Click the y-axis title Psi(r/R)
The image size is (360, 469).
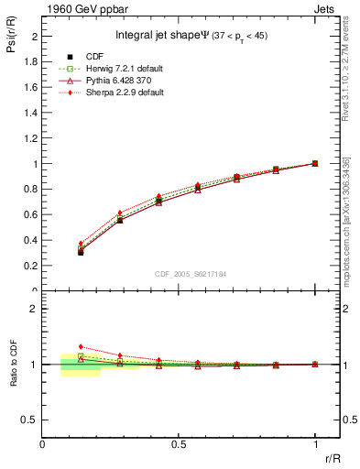click(x=11, y=38)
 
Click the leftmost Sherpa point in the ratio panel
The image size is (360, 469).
click(x=81, y=347)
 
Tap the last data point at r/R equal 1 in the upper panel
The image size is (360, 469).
click(x=315, y=163)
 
